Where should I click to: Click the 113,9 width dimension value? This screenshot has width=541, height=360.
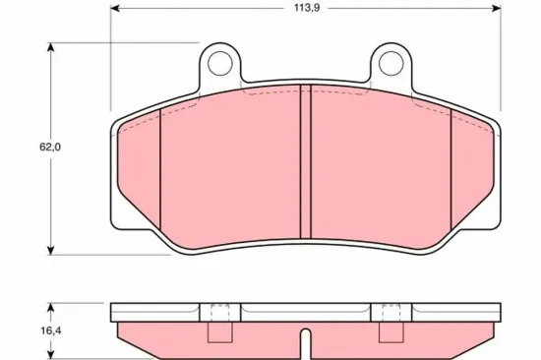(305, 15)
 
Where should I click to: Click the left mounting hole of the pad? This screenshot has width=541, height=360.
(221, 66)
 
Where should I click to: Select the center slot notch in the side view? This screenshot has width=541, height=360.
(306, 347)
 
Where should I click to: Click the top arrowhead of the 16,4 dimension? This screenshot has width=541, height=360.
(50, 307)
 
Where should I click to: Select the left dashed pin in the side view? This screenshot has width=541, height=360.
(221, 325)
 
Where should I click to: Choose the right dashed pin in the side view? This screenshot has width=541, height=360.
(391, 325)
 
